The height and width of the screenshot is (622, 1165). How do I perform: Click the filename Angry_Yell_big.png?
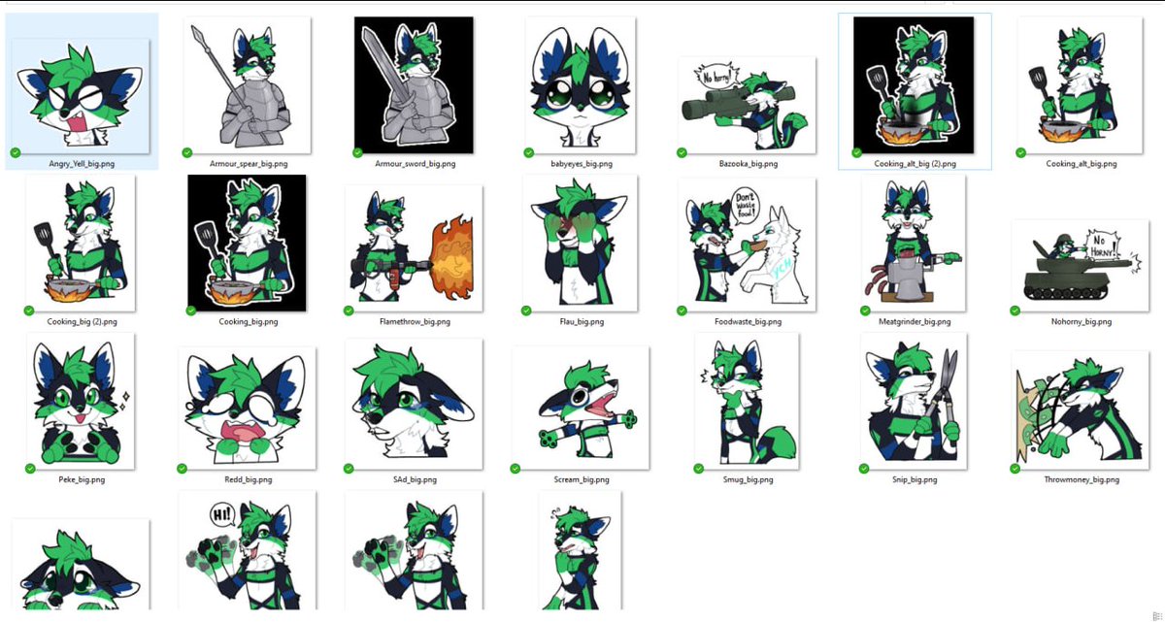[x=82, y=164]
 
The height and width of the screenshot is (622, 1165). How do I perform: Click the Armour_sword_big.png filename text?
[x=414, y=164]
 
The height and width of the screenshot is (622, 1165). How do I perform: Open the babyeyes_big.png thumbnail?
[x=581, y=85]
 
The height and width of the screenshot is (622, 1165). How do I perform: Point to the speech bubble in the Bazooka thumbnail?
[x=717, y=76]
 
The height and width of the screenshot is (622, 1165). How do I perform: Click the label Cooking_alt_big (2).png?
[x=915, y=164]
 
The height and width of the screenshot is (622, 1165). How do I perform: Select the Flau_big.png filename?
[x=581, y=321]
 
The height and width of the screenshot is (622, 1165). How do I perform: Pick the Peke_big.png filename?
[x=82, y=479]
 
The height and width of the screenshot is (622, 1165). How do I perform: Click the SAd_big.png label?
[x=414, y=479]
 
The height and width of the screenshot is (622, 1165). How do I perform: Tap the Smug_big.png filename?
[x=747, y=479]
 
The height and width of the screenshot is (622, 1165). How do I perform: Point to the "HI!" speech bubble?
[x=222, y=513]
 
